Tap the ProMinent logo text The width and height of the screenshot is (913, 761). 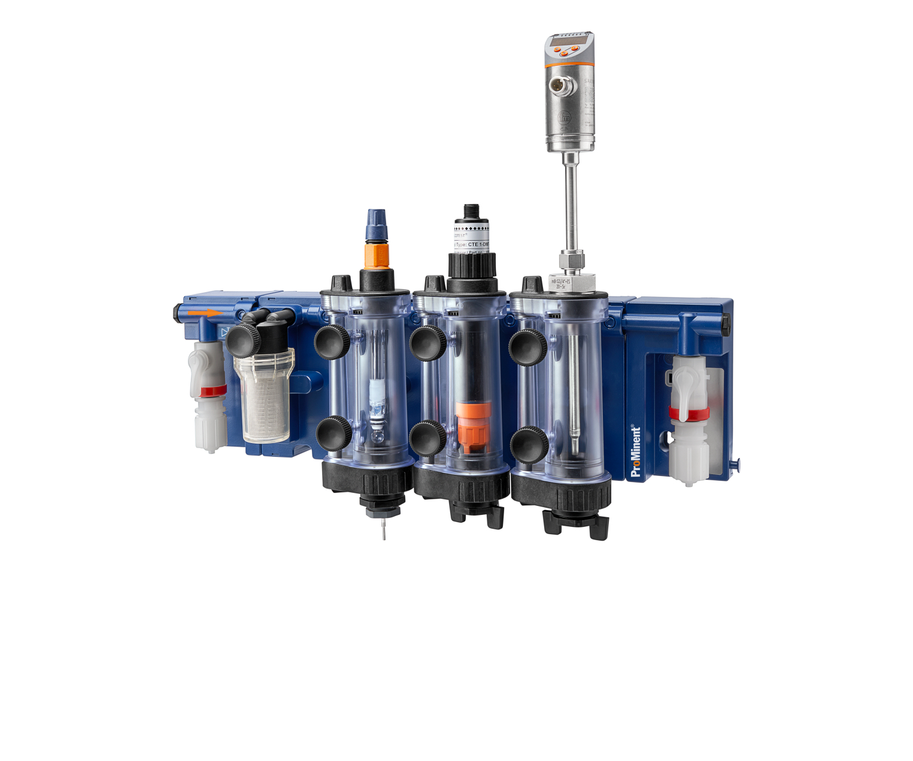click(635, 451)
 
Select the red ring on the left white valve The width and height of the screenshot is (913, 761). click(213, 391)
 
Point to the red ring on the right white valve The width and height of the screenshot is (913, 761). click(688, 413)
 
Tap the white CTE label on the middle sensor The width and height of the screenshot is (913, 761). click(471, 237)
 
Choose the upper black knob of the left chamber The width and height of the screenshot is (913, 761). click(332, 342)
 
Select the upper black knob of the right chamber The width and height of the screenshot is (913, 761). click(527, 346)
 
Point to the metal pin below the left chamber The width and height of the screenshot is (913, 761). click(383, 530)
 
